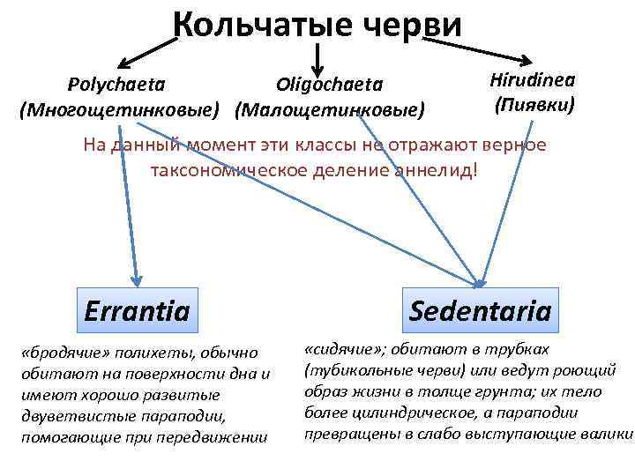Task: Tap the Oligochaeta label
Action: [x=330, y=85]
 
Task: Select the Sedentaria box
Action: [x=481, y=310]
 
